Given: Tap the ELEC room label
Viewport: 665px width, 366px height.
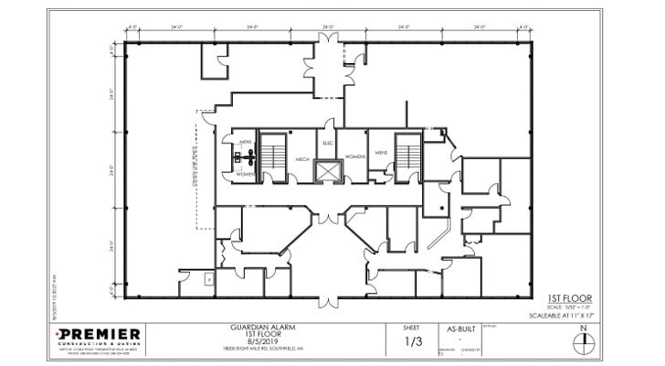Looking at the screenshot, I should tap(327, 143).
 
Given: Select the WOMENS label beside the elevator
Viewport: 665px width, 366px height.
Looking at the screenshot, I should tap(355, 156).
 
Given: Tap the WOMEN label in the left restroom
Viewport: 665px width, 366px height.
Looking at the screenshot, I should tap(245, 173).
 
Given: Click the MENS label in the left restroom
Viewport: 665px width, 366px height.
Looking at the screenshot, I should tap(245, 143).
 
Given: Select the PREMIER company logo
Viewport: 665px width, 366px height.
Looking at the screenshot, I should tap(99, 335).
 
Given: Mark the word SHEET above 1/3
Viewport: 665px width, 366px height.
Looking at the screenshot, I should tap(413, 327).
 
